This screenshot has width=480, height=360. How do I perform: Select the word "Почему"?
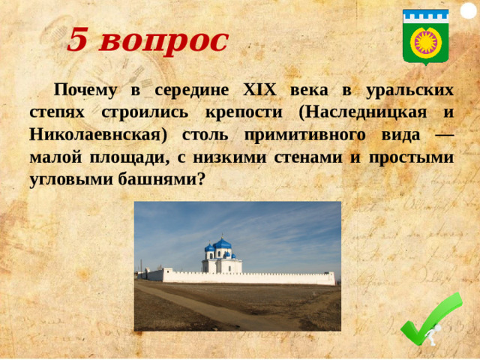pos(84,90)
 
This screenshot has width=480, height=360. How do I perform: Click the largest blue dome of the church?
pos(223,244)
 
